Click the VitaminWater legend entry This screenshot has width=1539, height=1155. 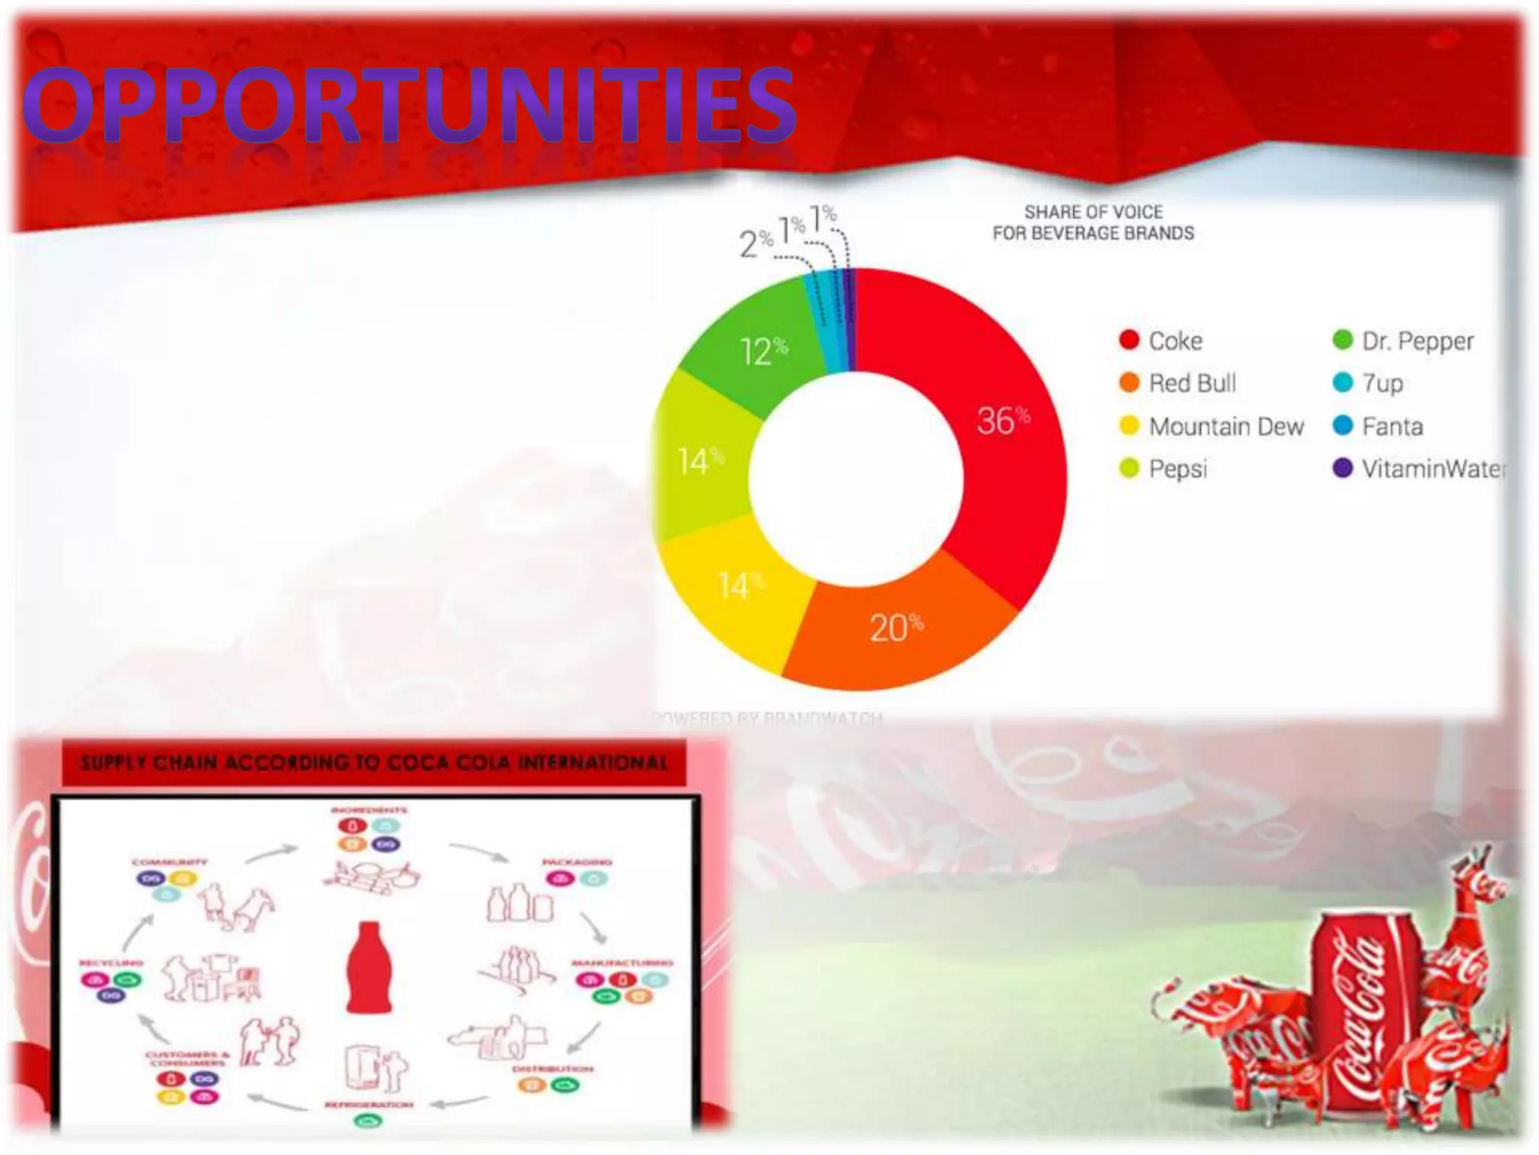(x=1420, y=468)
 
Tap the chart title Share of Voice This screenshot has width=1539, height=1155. (x=1093, y=223)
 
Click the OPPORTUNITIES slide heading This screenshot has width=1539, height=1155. (x=410, y=105)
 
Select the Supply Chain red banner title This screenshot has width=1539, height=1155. (x=373, y=763)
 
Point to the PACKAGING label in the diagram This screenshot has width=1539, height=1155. (x=577, y=862)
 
